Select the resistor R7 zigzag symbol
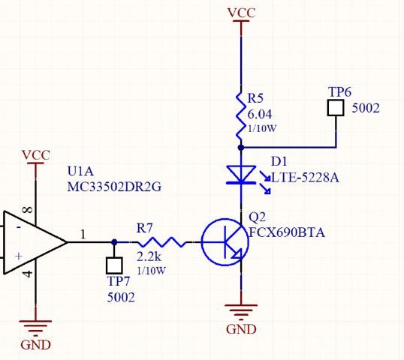pos(160,242)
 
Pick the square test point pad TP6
pos(336,109)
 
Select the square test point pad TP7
pos(114,265)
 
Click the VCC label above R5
pos(240,13)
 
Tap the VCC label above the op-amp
pos(35,155)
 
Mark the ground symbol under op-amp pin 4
pos(35,328)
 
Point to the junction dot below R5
pos(240,148)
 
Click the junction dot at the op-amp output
pos(114,242)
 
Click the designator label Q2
pos(257,217)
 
